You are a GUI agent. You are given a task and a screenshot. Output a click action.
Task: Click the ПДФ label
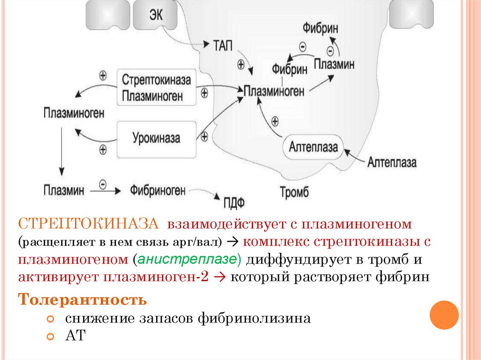(233, 203)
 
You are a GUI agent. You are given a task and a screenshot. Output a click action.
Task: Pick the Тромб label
(294, 192)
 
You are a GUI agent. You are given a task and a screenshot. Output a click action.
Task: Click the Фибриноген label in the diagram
(158, 191)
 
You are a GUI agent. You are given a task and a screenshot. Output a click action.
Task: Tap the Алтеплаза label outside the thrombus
(392, 163)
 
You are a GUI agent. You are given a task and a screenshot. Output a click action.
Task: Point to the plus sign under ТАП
(241, 65)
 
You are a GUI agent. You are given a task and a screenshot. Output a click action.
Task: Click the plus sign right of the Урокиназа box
(204, 137)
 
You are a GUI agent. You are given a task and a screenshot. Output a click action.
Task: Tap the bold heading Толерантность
(83, 299)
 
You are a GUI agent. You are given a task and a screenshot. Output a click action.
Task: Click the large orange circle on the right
(444, 315)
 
